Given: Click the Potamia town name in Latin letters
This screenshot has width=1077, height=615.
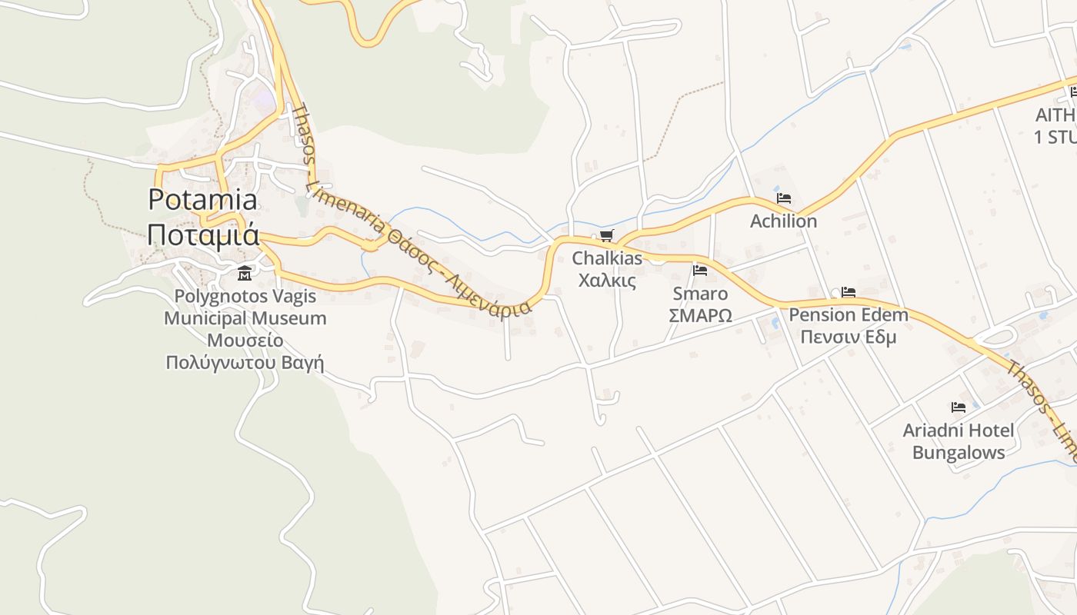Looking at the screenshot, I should pos(202,200).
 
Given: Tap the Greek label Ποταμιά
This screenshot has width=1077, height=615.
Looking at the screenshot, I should pos(202,234).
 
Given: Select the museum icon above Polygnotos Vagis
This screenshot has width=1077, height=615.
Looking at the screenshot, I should pos(245,273).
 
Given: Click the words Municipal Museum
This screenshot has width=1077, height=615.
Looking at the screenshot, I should pos(245,318).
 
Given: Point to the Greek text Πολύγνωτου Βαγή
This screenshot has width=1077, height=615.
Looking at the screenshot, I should pos(245,361).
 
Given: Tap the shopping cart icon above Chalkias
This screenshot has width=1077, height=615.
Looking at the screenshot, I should pos(607,235).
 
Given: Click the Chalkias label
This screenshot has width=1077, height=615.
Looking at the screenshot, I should pos(607,258).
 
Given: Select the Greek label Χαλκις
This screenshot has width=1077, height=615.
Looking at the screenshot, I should pos(607,280).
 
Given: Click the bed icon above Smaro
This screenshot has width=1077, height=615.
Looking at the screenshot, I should pos(700,271).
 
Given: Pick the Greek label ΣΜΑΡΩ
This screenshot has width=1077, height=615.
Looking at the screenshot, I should pos(700,315).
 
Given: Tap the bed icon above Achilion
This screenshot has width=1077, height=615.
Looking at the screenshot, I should pos(783,198).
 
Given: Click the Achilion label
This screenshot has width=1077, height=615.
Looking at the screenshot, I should pos(783,221).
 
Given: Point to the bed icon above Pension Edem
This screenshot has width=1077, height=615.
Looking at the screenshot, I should pos(849,292).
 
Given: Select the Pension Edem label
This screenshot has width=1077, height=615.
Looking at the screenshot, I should pos(849,315).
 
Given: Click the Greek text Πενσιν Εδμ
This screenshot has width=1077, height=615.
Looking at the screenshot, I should pos(849,337).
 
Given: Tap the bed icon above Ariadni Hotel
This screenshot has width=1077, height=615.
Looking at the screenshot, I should pos(958,407).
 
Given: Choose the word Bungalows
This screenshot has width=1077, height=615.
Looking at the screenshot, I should pos(959,452).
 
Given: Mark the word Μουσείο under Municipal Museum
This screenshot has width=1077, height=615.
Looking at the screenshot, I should pos(245,340).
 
